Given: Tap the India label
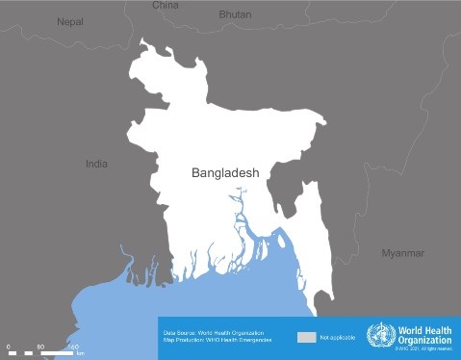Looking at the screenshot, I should pyautogui.click(x=96, y=164).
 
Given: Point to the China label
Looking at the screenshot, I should pyautogui.click(x=166, y=5).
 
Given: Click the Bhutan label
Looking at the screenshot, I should pyautogui.click(x=235, y=14).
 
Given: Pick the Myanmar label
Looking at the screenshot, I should pyautogui.click(x=402, y=253).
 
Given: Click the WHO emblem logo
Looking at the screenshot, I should pyautogui.click(x=380, y=337).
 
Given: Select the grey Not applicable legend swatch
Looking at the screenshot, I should pyautogui.click(x=306, y=338).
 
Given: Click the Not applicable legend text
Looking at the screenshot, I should pyautogui.click(x=337, y=339).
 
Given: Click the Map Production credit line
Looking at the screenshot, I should pyautogui.click(x=218, y=340).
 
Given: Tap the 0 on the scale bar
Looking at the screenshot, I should pyautogui.click(x=8, y=346).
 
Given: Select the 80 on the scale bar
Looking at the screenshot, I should pyautogui.click(x=40, y=346).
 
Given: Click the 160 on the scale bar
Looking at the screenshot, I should pyautogui.click(x=72, y=346).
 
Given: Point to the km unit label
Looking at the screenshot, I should pyautogui.click(x=80, y=354).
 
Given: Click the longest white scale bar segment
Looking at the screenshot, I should pyautogui.click(x=57, y=353).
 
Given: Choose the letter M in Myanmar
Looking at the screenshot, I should pyautogui.click(x=386, y=253).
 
